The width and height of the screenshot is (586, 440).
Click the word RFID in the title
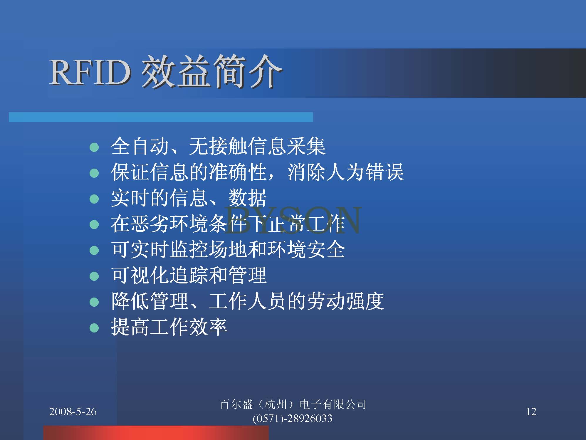(90, 72)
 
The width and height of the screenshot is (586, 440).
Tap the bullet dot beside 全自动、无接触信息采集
(94, 147)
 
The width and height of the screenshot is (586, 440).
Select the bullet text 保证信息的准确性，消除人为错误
(257, 172)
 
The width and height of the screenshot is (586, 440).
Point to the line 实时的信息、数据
(189, 198)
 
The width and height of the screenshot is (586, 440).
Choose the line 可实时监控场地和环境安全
(228, 250)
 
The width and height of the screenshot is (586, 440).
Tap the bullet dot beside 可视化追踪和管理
(94, 276)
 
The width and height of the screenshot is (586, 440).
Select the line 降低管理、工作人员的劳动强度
(247, 301)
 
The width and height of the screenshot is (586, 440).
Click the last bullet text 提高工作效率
(169, 327)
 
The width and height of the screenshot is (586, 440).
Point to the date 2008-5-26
(73, 412)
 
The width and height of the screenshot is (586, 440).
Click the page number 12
(531, 412)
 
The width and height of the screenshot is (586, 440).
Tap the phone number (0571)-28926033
(293, 418)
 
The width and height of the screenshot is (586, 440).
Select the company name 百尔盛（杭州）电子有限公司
(293, 404)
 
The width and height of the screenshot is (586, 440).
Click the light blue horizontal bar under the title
(161, 117)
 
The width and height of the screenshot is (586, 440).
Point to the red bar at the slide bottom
(156, 433)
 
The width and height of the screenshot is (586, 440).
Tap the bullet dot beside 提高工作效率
(94, 328)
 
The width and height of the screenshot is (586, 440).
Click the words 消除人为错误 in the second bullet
(345, 172)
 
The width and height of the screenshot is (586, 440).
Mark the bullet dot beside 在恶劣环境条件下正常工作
(94, 225)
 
